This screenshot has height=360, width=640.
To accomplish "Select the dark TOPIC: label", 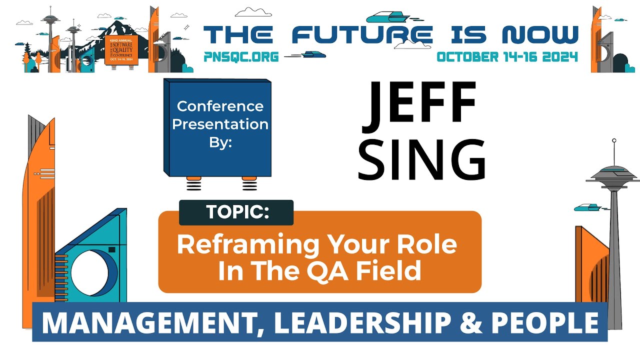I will pos(236,212).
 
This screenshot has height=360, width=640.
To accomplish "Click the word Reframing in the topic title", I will pos(248,245).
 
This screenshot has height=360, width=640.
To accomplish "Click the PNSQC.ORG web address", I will pos(241,56).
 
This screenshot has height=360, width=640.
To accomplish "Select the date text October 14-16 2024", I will pos(507,56).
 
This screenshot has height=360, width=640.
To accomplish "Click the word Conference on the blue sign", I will pos(220,106).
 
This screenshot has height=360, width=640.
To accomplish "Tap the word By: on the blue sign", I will pos(220,142).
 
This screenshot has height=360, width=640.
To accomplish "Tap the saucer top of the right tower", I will pos(613,172).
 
